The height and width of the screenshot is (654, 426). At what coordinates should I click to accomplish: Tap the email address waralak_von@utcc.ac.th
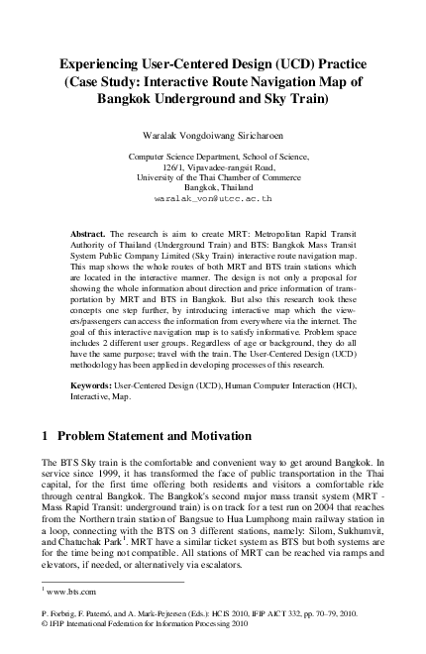213,198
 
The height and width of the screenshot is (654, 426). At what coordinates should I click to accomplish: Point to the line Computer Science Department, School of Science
213,157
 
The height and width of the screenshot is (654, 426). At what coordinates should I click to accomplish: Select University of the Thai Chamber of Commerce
213,177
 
